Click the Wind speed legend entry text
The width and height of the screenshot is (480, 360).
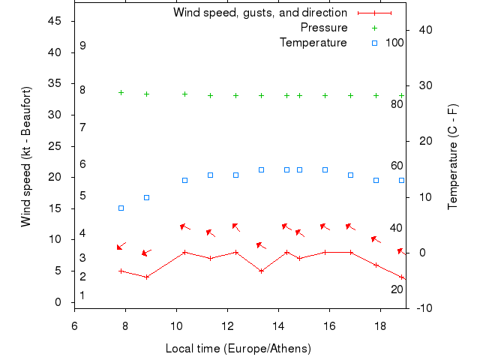coord(260,13)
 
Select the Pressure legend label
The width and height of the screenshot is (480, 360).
coord(323,28)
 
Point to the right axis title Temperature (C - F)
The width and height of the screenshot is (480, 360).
coord(453,157)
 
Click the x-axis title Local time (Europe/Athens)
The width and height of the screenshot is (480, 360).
coord(238,349)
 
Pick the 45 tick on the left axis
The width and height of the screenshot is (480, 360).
coord(54,21)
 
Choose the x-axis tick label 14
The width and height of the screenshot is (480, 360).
coord(278,325)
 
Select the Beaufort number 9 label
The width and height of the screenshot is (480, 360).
coord(82,46)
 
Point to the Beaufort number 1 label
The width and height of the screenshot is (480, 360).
coord(82,295)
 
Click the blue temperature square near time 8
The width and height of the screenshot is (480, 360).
coord(121,208)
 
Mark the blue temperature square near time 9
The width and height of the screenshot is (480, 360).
coord(146,197)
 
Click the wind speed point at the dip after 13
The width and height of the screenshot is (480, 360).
coord(261,271)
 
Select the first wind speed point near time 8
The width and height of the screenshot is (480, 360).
coord(121,271)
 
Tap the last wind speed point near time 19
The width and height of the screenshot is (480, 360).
coord(402,277)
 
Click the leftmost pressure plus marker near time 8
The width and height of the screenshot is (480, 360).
coord(121,92)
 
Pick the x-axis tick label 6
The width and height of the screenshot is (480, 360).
coord(74,325)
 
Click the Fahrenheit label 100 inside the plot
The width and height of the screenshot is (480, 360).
coord(394,43)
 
